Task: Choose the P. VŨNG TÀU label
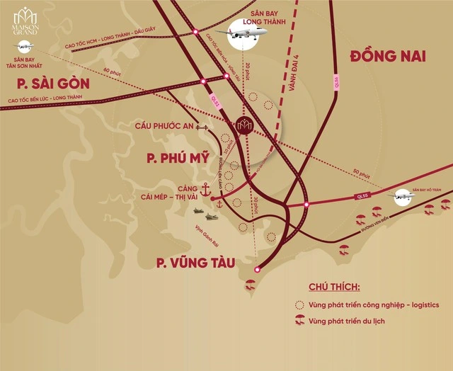[x=197, y=263]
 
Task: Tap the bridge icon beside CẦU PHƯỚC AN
[x=201, y=127]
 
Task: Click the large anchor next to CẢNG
[x=206, y=190]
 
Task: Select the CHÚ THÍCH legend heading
[x=334, y=286]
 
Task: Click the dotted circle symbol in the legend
[x=299, y=305]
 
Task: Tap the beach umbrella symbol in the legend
[x=299, y=321]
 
